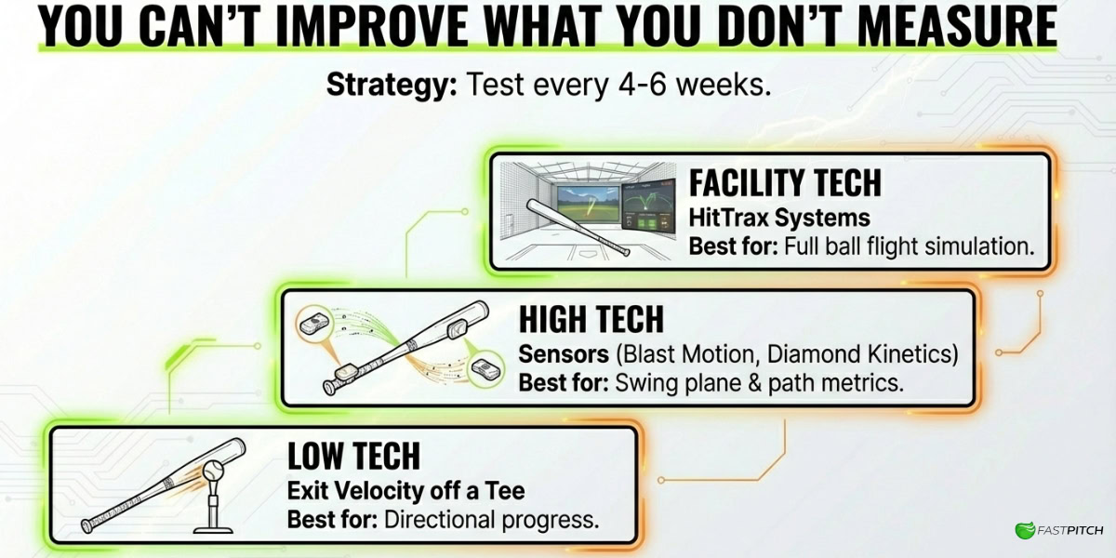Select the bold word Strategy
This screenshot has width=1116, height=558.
click(392, 86)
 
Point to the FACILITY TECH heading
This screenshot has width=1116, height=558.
click(785, 183)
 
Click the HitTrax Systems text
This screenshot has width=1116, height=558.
click(779, 218)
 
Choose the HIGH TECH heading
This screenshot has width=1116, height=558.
click(591, 319)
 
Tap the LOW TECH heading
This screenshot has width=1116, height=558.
click(353, 456)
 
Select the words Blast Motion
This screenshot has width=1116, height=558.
click(690, 354)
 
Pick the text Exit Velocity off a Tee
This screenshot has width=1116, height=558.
click(406, 491)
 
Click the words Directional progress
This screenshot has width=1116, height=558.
click(492, 520)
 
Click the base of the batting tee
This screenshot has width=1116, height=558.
click(213, 529)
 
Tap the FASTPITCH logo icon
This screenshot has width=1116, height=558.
click(1025, 530)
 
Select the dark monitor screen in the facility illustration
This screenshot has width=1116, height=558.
click(649, 206)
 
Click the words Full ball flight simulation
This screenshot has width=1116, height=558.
click(910, 246)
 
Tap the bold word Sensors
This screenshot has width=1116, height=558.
click(564, 354)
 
